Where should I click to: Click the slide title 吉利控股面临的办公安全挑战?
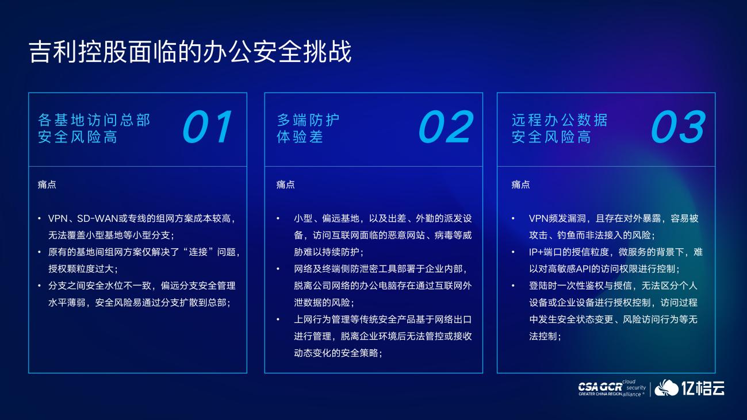[x=190, y=52]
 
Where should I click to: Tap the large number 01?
[x=208, y=127]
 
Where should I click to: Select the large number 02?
[x=446, y=127]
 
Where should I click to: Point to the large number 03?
[x=679, y=127]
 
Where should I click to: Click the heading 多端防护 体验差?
[x=308, y=129]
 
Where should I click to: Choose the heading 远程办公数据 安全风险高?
[x=560, y=129]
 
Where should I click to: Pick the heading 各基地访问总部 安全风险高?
[x=94, y=129]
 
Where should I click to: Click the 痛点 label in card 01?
[x=47, y=184]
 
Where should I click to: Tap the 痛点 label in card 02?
[x=285, y=184]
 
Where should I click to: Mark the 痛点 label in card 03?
[x=520, y=184]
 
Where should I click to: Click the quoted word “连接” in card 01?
[x=198, y=252]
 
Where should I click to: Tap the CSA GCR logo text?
[x=600, y=387]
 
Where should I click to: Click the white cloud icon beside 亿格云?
[x=666, y=388]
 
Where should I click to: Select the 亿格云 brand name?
[x=703, y=388]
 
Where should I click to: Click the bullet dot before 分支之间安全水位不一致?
[x=39, y=286]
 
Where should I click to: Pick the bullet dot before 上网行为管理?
[x=278, y=319]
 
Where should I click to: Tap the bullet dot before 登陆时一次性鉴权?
[x=513, y=286]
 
